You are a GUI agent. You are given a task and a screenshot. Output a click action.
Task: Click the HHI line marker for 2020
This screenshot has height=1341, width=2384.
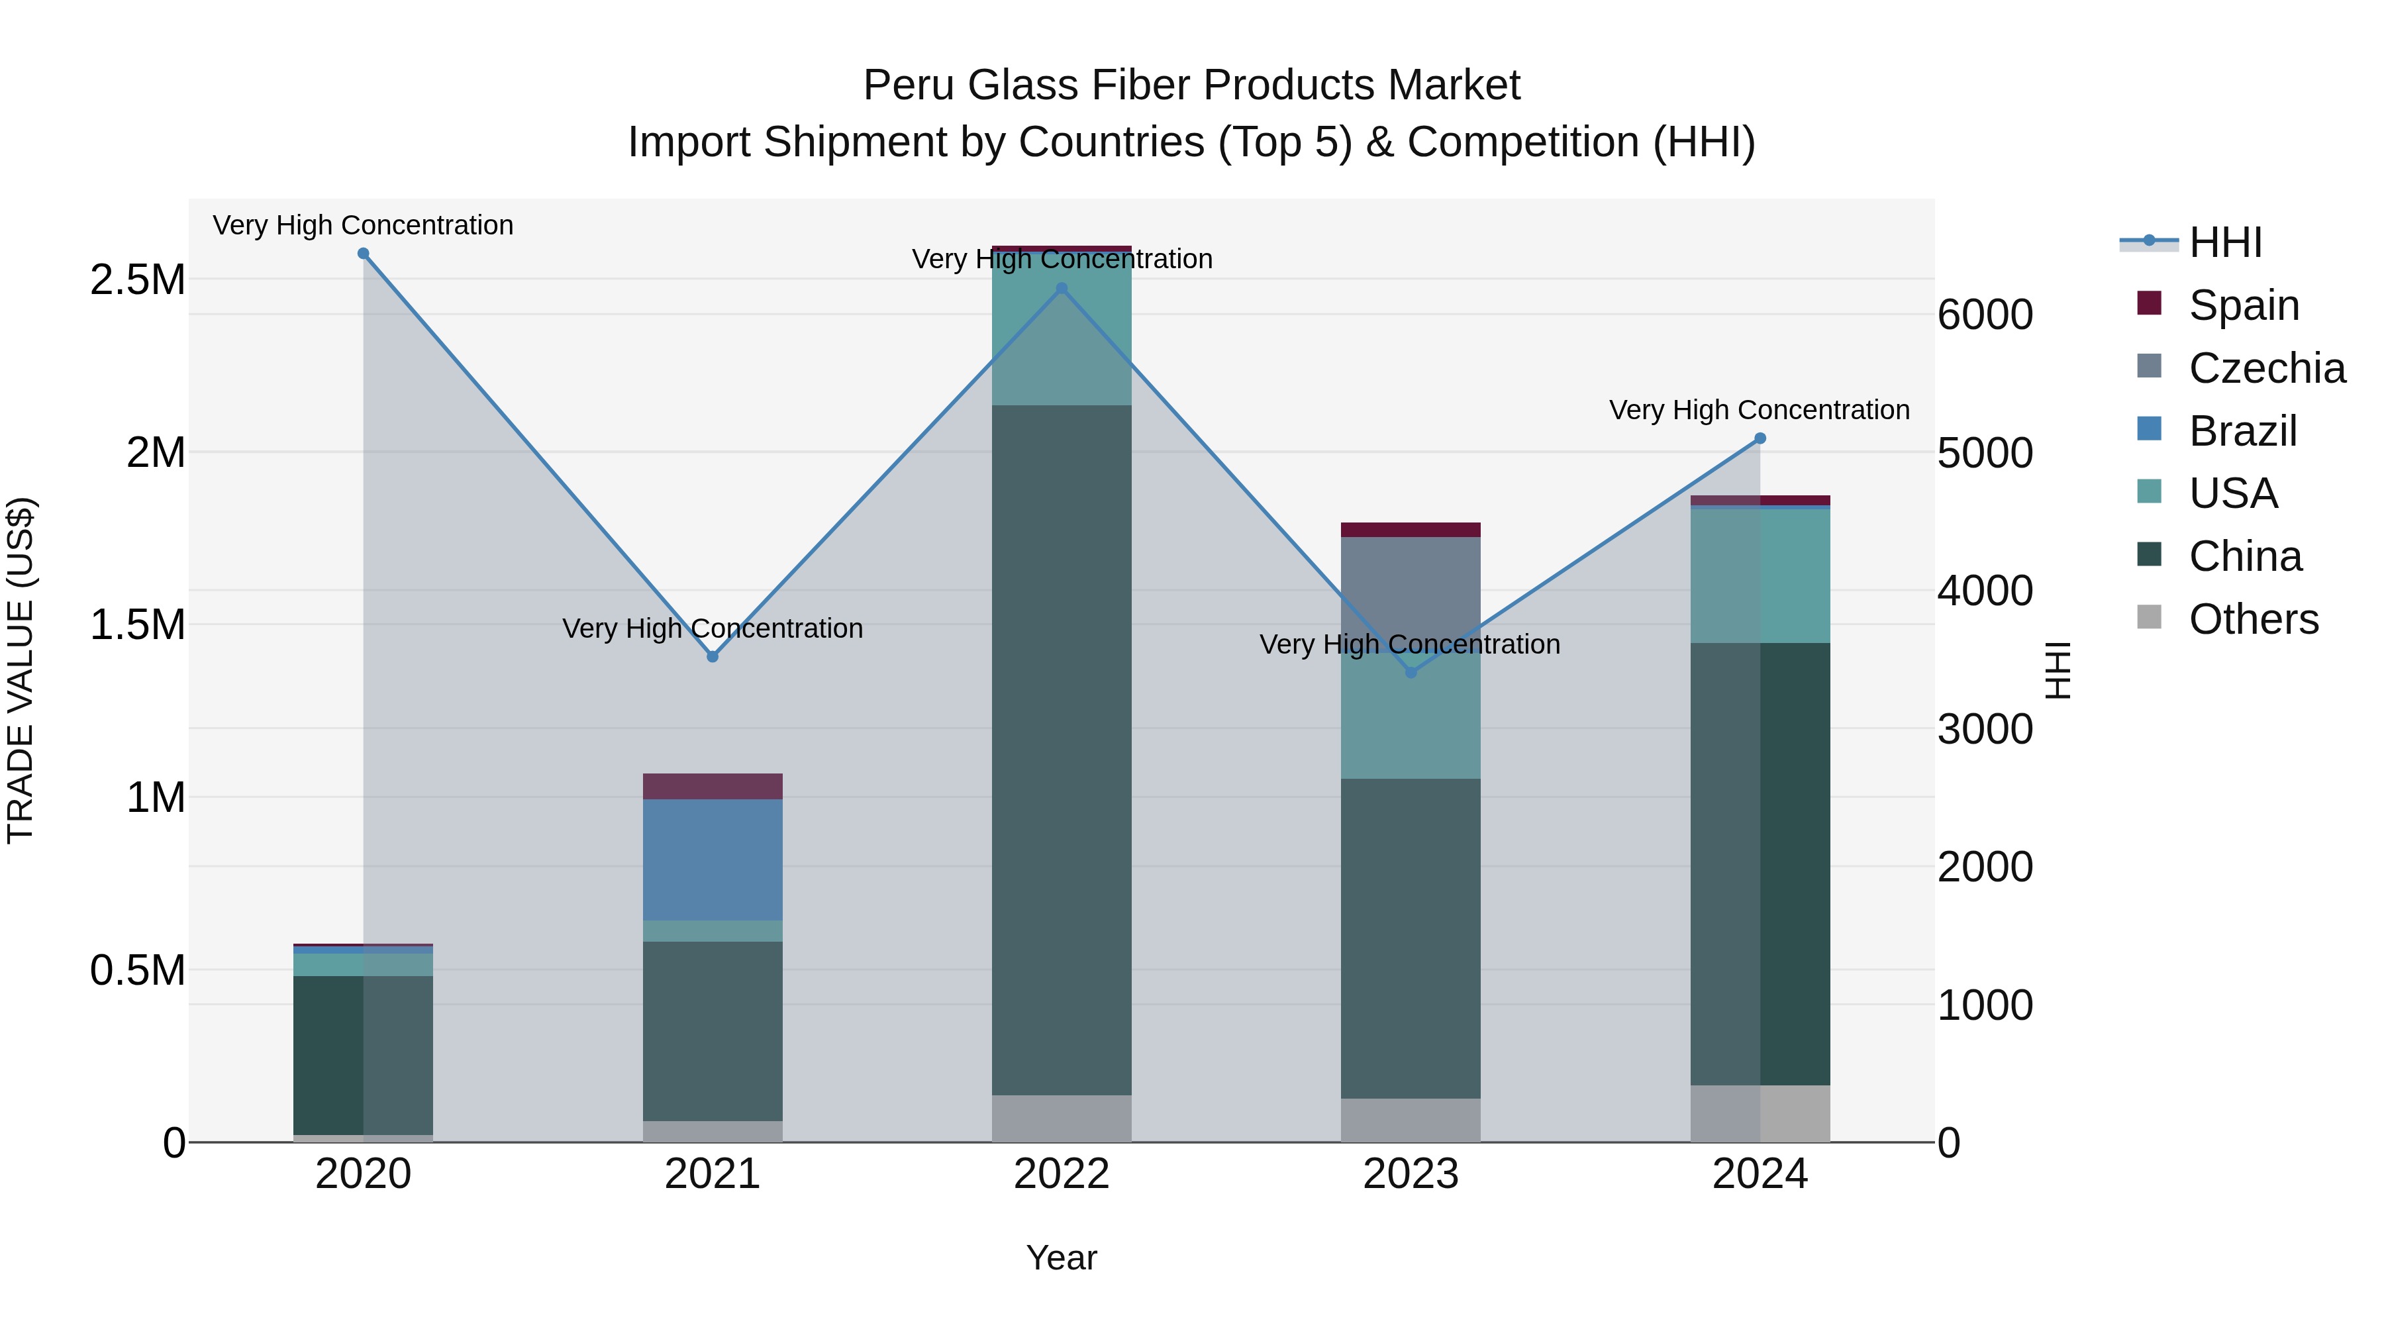pyautogui.click(x=363, y=254)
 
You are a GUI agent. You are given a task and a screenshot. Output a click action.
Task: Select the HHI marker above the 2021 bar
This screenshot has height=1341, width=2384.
pyautogui.click(x=712, y=656)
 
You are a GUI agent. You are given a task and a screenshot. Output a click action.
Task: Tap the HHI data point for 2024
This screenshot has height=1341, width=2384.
pyautogui.click(x=1760, y=438)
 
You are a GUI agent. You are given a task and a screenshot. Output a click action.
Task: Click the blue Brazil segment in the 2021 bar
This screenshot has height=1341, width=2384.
pyautogui.click(x=712, y=859)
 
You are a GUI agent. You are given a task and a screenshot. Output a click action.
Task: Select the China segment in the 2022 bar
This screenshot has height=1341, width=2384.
pyautogui.click(x=1061, y=750)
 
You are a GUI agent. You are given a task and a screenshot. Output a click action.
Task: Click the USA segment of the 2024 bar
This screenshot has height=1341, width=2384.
pyautogui.click(x=1760, y=575)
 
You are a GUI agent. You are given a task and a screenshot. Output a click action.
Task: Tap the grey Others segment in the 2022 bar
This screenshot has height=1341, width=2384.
pyautogui.click(x=1061, y=1118)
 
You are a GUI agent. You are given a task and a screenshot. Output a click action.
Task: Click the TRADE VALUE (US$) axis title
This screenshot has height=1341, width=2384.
pyautogui.click(x=21, y=670)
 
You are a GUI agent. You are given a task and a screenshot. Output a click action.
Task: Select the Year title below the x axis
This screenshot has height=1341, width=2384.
pyautogui.click(x=1061, y=1258)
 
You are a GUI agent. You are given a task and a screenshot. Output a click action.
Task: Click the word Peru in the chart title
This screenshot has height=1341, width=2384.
pyautogui.click(x=903, y=85)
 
